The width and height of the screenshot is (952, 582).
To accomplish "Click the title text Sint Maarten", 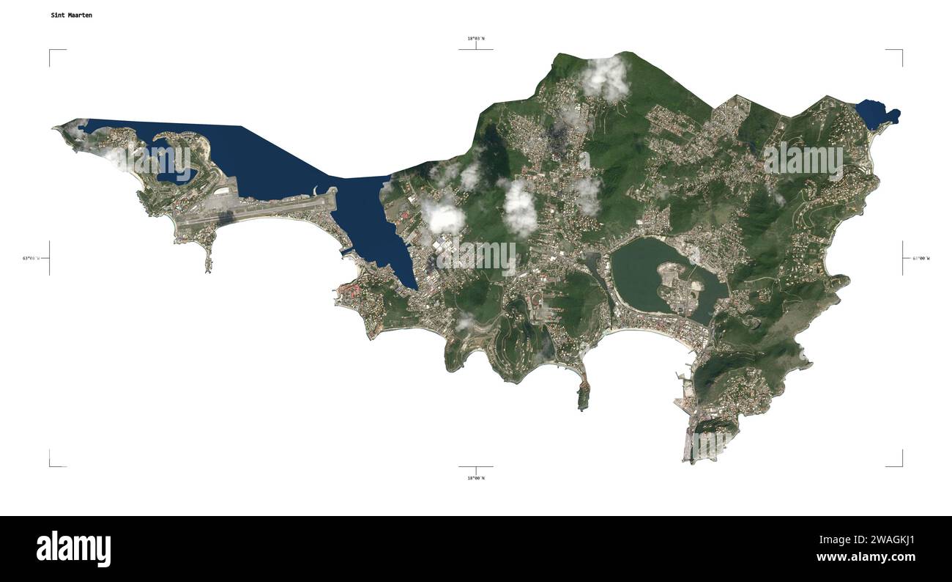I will tap(71, 15).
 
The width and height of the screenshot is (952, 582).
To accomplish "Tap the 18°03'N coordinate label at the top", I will tap(476, 38).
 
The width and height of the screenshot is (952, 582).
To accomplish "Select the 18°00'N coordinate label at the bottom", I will tap(476, 478).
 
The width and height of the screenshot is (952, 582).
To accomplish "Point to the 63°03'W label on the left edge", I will tap(33, 258).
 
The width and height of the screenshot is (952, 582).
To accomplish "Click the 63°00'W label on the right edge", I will tap(921, 258).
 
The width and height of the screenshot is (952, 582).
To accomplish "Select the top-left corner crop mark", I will tap(51, 51).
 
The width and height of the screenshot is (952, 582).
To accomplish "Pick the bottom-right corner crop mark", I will tap(900, 464).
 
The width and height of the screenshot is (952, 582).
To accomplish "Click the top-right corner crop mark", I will tap(900, 51).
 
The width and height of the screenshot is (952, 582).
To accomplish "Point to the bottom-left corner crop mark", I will tap(51, 464).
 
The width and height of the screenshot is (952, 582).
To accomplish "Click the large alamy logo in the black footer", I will tap(73, 549).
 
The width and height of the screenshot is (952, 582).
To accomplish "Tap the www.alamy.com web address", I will tap(866, 557).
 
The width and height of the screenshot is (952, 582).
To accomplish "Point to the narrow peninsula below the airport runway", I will tap(209, 253).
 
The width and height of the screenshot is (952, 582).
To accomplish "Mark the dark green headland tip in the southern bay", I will tap(583, 398).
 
